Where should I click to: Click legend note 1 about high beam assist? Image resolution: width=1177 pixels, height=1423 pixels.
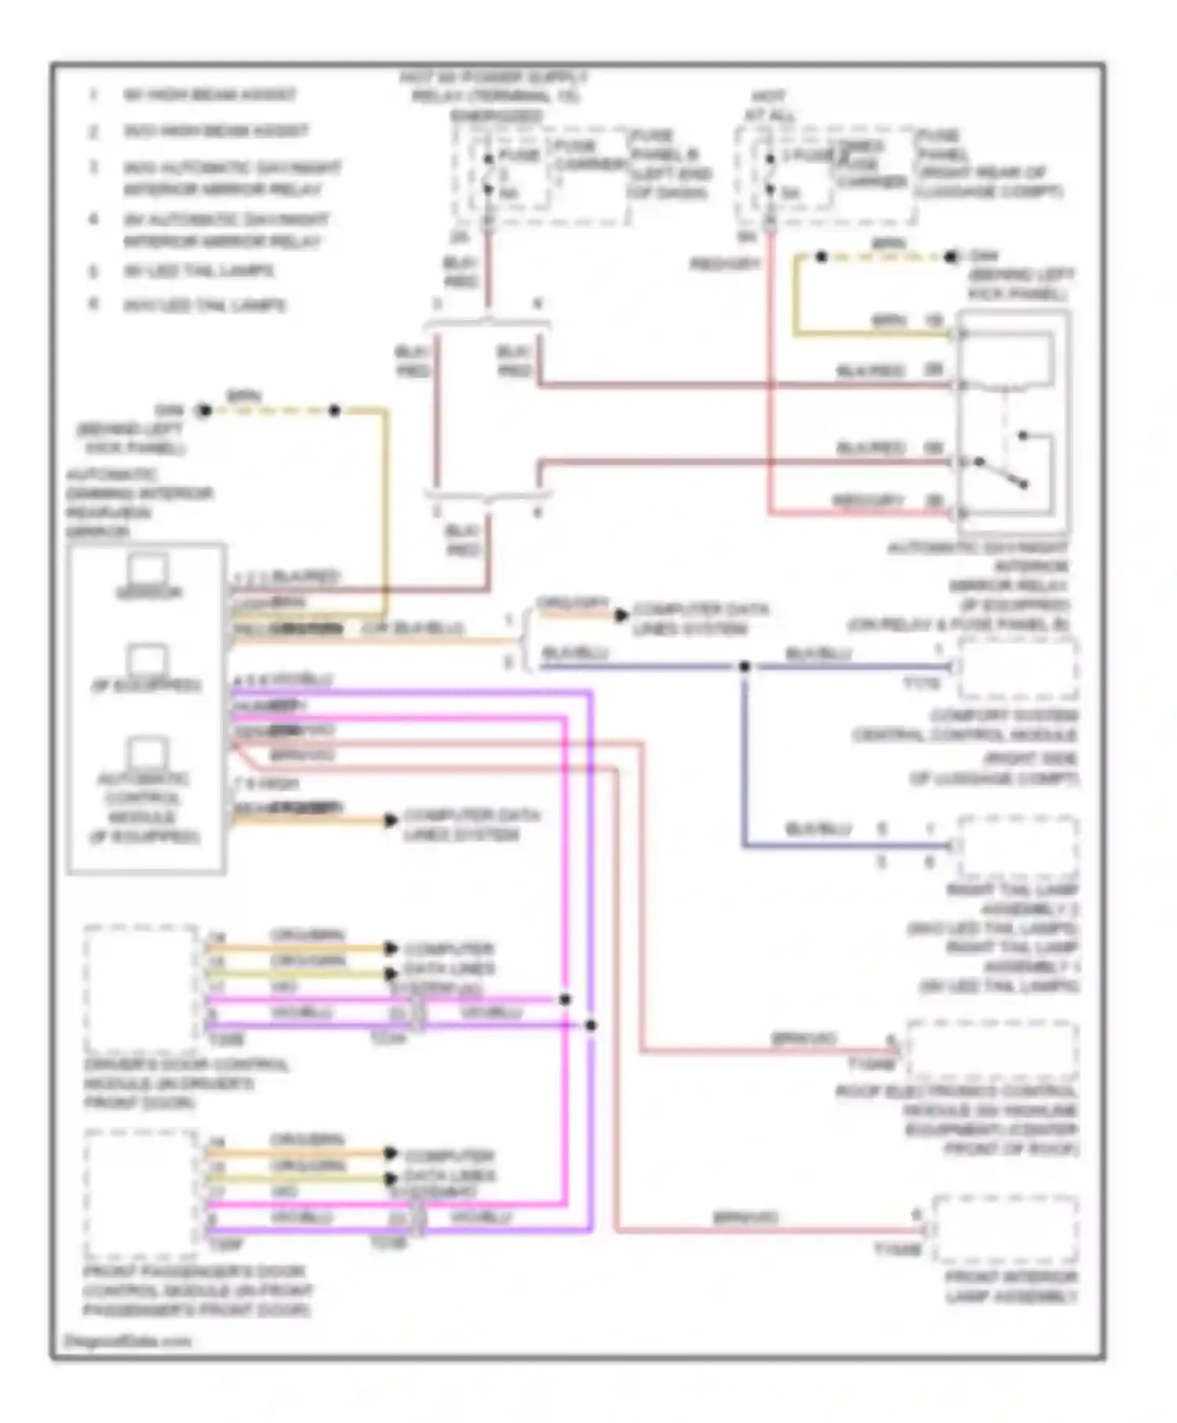click(x=208, y=95)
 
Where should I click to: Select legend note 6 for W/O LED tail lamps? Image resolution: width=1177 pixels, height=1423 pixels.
click(x=204, y=304)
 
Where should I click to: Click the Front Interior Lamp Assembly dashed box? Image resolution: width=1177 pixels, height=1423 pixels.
click(x=1005, y=1228)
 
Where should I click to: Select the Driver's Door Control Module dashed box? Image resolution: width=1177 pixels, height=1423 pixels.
click(x=140, y=988)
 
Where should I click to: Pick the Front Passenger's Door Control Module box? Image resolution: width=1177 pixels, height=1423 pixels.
click(x=140, y=1192)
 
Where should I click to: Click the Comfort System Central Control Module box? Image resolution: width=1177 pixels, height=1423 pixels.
click(x=1017, y=668)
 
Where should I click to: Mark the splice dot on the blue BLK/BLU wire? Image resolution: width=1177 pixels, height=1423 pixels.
click(x=744, y=667)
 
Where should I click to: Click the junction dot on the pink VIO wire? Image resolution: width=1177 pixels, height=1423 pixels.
click(x=565, y=999)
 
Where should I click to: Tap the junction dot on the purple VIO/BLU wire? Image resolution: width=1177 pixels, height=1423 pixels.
click(x=591, y=1025)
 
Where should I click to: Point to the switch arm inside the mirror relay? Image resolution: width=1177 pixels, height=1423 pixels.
click(x=1002, y=472)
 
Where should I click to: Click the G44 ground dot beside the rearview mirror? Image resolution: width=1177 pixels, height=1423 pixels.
click(x=204, y=410)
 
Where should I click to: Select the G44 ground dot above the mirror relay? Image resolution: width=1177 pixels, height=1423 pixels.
click(x=952, y=257)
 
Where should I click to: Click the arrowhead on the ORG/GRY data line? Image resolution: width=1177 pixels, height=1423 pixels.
click(x=621, y=615)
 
